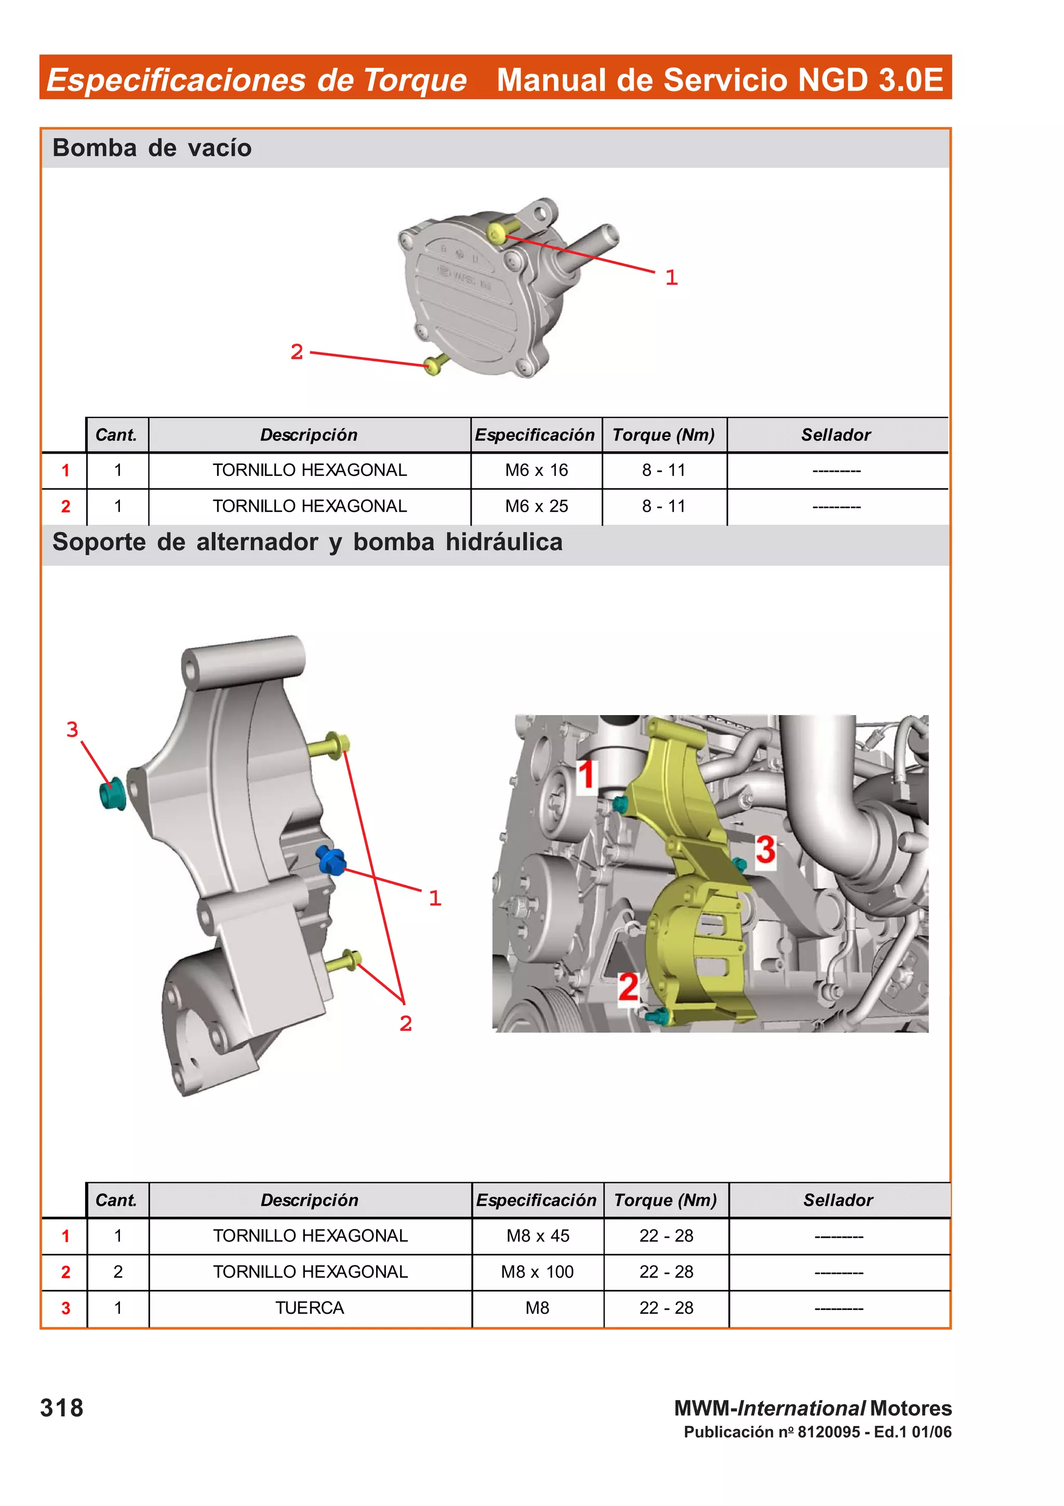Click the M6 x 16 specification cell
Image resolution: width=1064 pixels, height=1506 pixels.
click(536, 470)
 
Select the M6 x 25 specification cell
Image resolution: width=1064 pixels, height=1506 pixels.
click(536, 506)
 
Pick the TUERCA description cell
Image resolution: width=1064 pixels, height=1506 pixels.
click(310, 1308)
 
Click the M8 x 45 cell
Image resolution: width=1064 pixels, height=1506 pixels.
click(538, 1236)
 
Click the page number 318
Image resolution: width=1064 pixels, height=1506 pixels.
click(62, 1408)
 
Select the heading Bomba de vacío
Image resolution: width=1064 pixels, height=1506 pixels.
click(152, 148)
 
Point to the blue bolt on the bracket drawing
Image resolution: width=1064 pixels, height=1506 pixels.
click(331, 860)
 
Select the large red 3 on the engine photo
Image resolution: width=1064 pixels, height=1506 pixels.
click(765, 850)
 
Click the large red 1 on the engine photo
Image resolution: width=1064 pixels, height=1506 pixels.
click(587, 774)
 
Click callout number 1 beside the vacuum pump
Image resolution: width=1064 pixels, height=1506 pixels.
click(671, 278)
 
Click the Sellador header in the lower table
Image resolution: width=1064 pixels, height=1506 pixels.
click(838, 1200)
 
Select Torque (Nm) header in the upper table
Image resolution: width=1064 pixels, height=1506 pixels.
click(663, 435)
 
